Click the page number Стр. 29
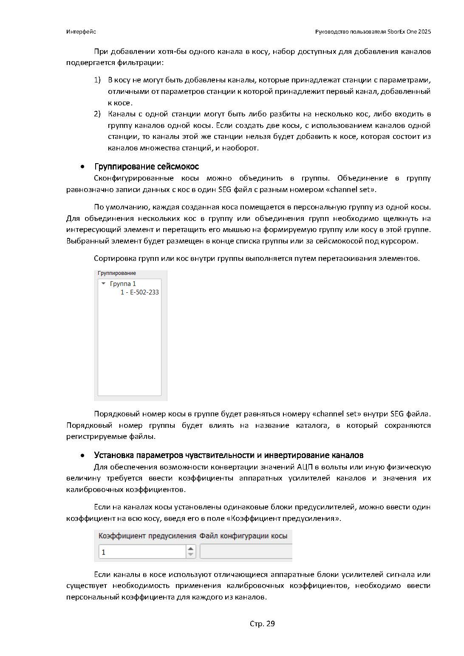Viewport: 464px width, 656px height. tap(262, 624)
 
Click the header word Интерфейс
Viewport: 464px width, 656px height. tap(81, 32)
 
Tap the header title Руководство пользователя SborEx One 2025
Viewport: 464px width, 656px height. tap(373, 32)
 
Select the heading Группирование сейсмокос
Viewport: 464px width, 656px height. tap(147, 167)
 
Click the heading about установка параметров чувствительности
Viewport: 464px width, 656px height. tap(229, 455)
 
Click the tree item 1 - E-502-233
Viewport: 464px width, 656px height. tap(139, 292)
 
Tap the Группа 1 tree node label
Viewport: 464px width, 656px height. tap(123, 284)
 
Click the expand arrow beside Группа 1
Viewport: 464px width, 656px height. tap(103, 283)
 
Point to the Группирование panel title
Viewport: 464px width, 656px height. tap(117, 273)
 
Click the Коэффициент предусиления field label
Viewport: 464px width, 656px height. tap(147, 536)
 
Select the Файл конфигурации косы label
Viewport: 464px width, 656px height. tap(243, 536)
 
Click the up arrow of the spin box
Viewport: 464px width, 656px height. tap(191, 549)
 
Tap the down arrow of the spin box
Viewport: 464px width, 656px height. tap(191, 554)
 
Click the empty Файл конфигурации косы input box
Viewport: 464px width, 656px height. tap(246, 552)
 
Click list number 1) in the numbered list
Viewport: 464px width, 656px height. tap(97, 80)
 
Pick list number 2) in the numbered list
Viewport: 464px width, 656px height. tap(97, 114)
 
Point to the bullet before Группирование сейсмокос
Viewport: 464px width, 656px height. tap(83, 167)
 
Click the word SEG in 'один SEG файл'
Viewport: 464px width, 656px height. tap(224, 189)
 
